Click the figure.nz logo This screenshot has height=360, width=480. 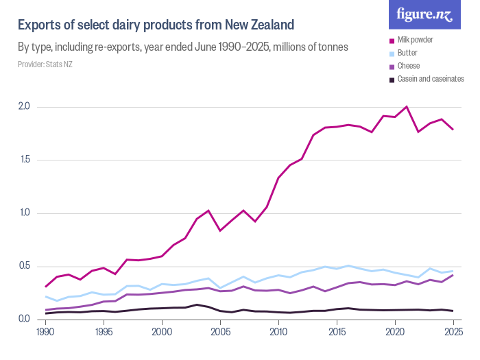424,14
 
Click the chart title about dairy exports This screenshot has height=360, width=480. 156,25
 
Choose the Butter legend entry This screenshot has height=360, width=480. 409,53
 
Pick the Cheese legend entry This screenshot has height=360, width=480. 409,67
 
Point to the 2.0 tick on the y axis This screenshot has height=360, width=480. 24,107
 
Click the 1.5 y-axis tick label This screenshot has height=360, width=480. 24,160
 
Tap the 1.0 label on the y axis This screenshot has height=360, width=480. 24,213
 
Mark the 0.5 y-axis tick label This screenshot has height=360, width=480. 24,266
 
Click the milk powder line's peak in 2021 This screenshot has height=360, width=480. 407,107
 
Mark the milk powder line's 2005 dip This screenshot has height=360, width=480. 220,230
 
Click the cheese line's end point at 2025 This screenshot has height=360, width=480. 453,275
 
